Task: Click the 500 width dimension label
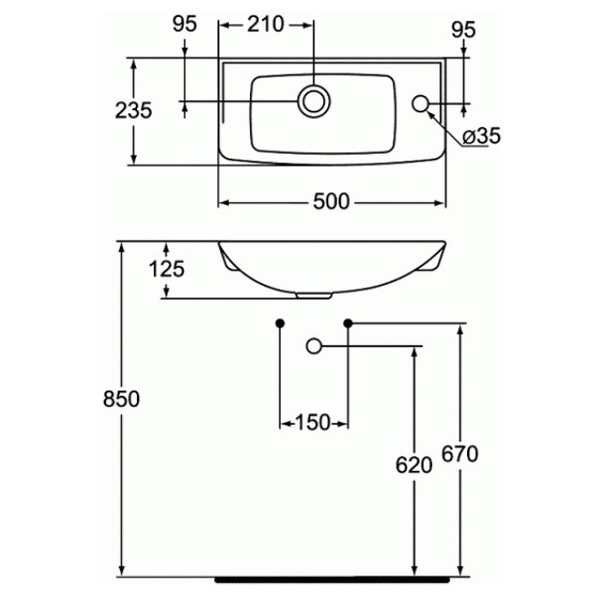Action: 331,202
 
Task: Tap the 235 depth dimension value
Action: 134,110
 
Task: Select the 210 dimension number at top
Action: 266,25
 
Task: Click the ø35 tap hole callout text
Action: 481,135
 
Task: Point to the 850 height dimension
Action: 121,399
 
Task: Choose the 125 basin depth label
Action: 167,269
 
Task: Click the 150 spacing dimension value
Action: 312,422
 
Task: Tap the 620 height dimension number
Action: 414,466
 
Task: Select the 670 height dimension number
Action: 460,454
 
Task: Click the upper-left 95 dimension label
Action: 184,24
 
